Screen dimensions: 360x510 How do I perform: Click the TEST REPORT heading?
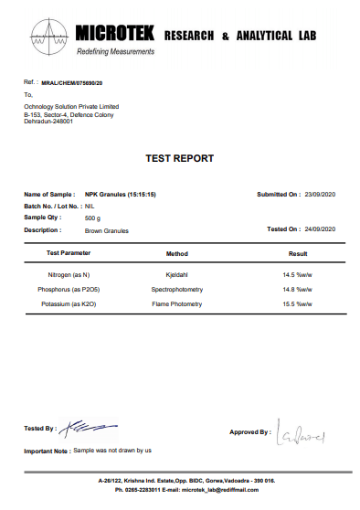[180, 158]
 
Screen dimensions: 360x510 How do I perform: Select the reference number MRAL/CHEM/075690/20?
[79, 82]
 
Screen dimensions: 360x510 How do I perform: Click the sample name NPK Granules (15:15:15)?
[122, 195]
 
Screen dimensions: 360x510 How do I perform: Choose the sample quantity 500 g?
[92, 218]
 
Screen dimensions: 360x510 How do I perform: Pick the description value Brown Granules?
[107, 230]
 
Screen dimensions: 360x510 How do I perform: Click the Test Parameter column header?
[69, 252]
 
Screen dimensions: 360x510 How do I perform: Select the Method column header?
[176, 252]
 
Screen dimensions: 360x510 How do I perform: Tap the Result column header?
[298, 252]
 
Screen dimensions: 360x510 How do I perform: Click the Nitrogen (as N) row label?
[69, 274]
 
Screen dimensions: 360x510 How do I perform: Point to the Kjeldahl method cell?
[176, 274]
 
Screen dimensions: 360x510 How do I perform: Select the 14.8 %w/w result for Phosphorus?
[299, 288]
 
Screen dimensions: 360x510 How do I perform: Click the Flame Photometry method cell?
[176, 302]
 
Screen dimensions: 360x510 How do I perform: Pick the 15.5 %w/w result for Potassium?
[299, 302]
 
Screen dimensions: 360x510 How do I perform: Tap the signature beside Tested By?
[79, 425]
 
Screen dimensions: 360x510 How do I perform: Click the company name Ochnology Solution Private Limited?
[71, 106]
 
